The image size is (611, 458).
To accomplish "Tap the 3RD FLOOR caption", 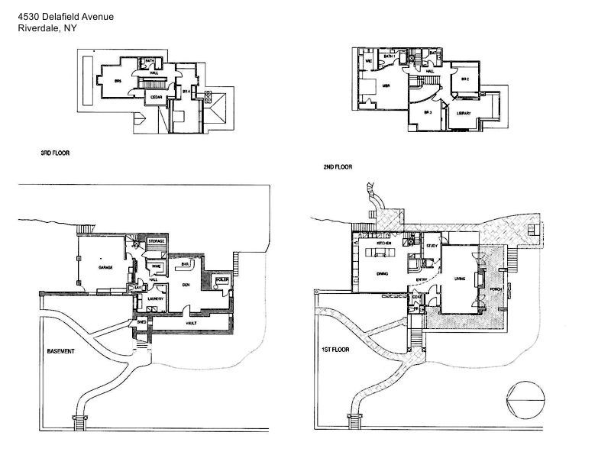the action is (x=55, y=153).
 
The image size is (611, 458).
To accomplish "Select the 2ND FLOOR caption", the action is (x=338, y=165).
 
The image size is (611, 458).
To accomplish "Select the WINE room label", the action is (x=155, y=266).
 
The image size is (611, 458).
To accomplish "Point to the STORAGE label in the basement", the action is (x=156, y=241).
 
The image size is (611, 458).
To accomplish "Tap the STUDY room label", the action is (x=432, y=245).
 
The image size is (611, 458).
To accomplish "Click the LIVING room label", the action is (x=460, y=279).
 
